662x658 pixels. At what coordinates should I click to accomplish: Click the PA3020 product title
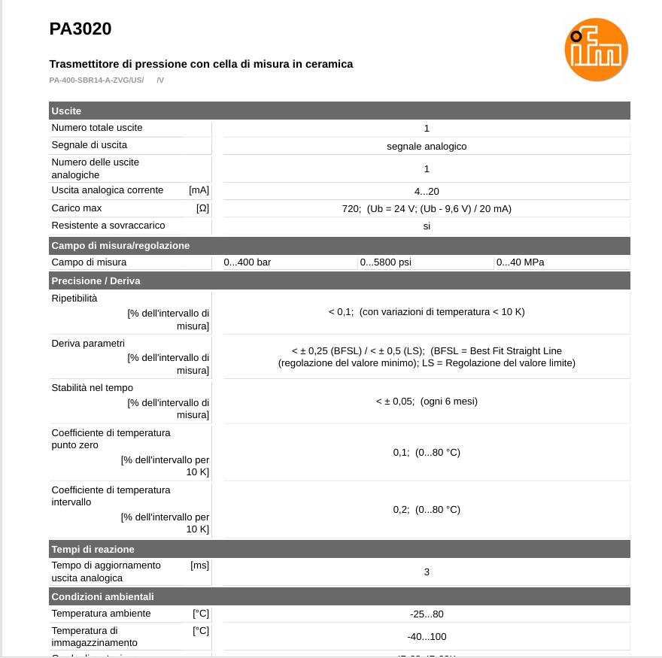coord(80,29)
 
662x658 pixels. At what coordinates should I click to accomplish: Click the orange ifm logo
coord(596,50)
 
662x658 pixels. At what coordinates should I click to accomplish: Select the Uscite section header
coord(66,111)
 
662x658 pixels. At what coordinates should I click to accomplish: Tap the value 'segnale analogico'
coord(427,146)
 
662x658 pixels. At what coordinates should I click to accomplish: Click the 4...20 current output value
coord(427,192)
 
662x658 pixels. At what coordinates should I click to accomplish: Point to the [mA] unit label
coord(199,190)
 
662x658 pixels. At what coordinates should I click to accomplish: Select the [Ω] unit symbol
coord(202,208)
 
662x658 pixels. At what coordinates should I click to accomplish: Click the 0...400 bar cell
coord(247,262)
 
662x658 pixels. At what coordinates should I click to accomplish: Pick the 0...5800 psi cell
coord(385,262)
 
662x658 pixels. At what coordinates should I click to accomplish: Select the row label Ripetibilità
coord(74,299)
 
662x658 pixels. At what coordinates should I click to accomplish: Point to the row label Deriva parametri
coord(88,344)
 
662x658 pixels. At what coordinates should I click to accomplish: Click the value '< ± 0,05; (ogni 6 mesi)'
coord(427,402)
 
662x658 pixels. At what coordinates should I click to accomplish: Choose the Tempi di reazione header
coord(93,550)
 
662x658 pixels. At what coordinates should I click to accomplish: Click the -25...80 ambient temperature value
coord(427,614)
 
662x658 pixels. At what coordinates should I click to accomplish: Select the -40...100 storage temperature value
coord(427,637)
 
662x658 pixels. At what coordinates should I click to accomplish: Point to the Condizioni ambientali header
coord(102,597)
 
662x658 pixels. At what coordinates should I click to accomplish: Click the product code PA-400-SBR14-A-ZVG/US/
coord(96,80)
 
